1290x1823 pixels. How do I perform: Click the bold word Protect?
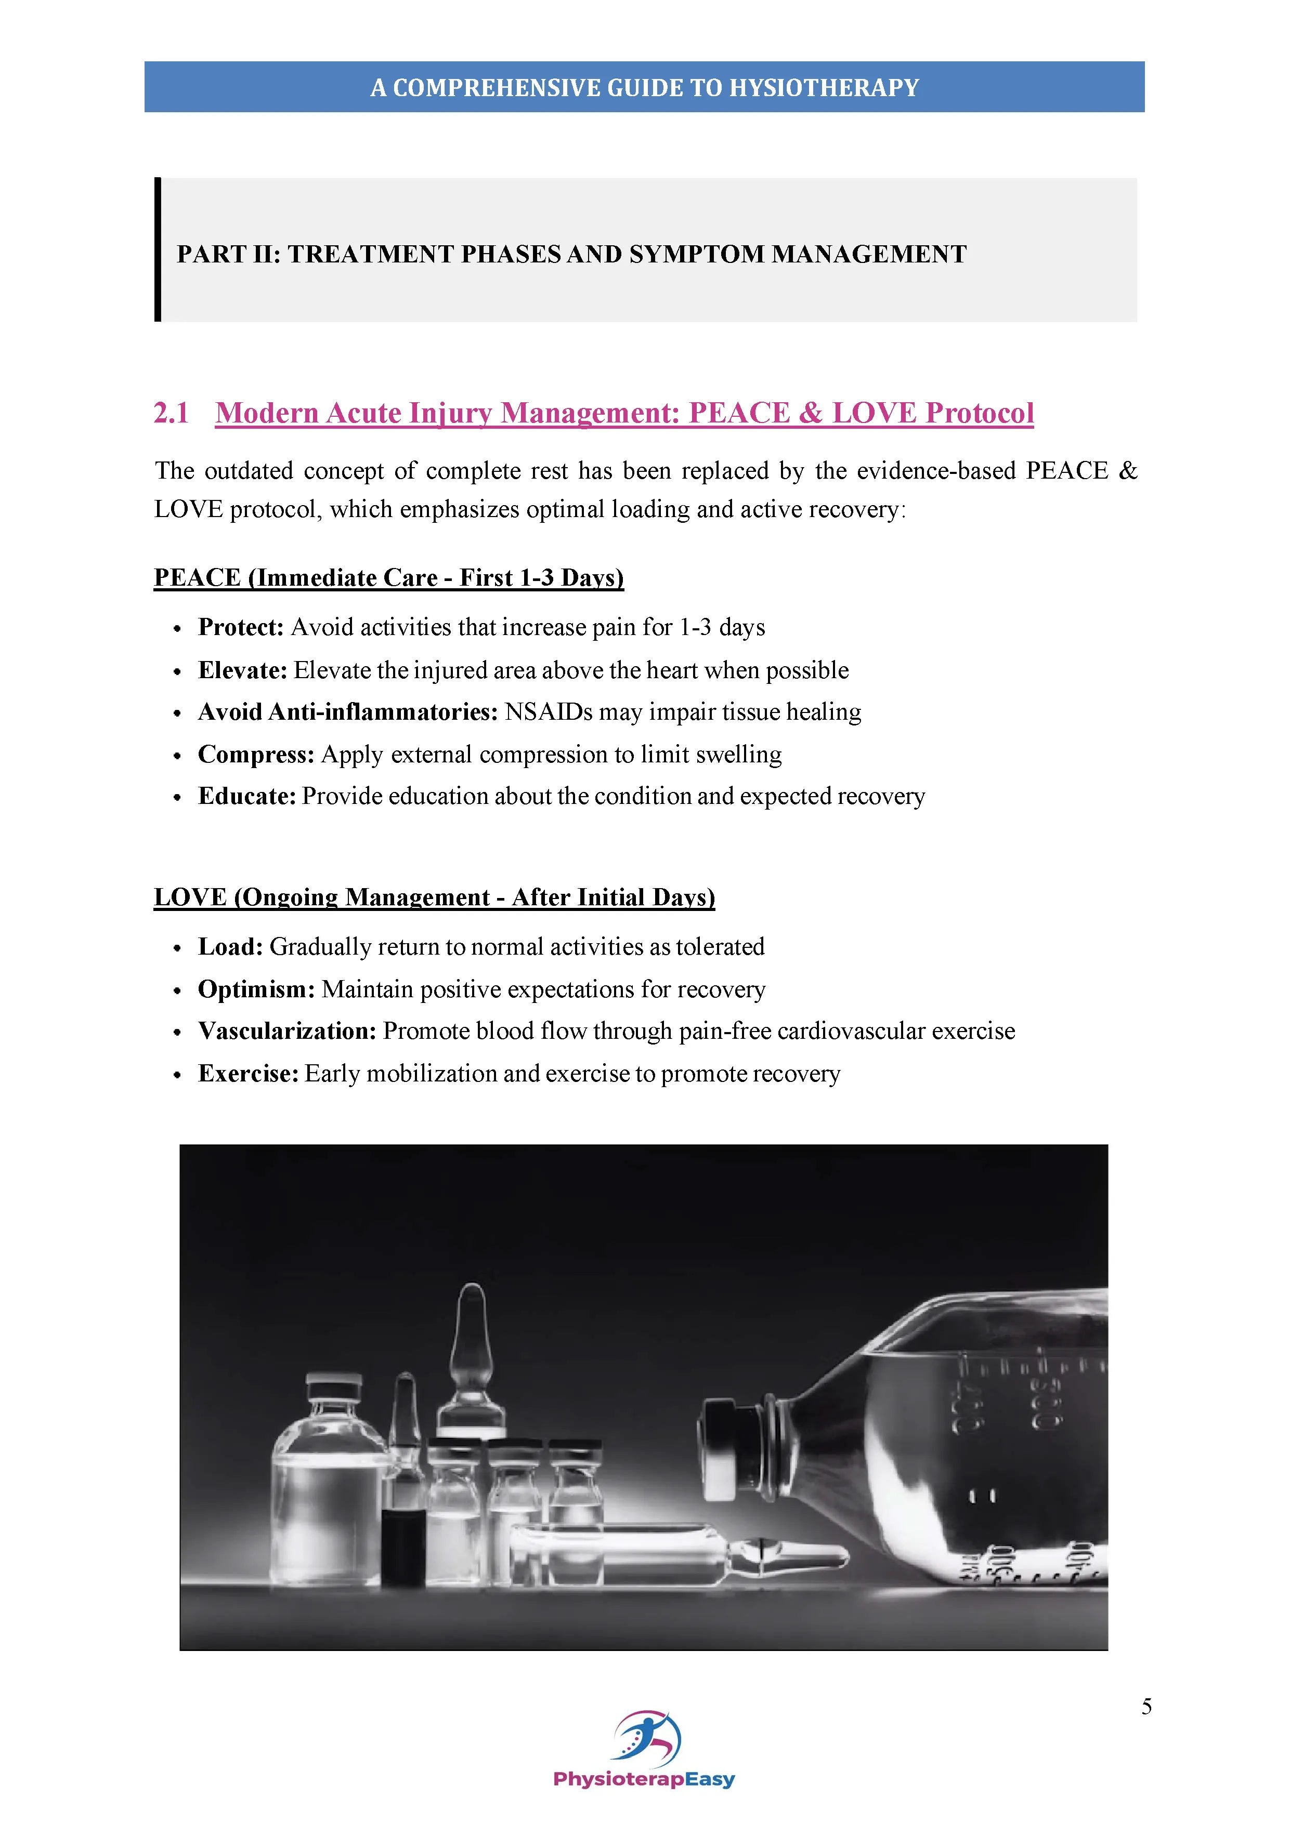240,627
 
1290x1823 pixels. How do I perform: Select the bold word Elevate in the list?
241,670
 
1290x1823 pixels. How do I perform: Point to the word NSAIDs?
548,712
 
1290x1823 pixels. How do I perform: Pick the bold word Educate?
246,796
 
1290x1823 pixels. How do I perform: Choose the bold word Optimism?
256,989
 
